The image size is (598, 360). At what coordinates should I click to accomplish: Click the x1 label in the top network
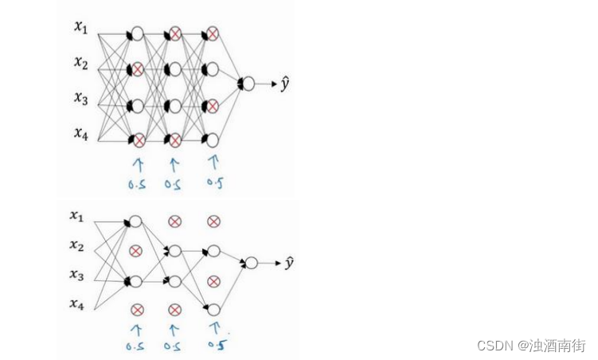coord(80,28)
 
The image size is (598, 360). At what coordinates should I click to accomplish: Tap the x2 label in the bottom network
coord(76,246)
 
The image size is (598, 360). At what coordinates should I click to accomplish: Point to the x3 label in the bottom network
coord(76,275)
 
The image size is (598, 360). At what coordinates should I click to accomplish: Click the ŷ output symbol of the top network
coord(284,83)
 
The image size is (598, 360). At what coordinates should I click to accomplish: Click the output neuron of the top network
coord(247,83)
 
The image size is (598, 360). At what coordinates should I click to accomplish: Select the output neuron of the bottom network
coord(251,263)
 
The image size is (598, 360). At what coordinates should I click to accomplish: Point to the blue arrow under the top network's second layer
coord(174,164)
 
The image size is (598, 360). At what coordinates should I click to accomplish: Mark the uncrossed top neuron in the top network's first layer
coord(136,34)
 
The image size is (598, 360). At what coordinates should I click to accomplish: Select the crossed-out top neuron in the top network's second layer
coord(174,34)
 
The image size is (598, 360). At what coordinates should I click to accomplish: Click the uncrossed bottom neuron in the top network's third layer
coord(213,140)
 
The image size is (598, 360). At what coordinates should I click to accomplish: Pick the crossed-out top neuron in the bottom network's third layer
coord(213,221)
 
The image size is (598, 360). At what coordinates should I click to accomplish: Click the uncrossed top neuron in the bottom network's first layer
coord(135,221)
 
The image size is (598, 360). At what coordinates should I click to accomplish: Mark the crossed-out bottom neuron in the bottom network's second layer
coord(174,309)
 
